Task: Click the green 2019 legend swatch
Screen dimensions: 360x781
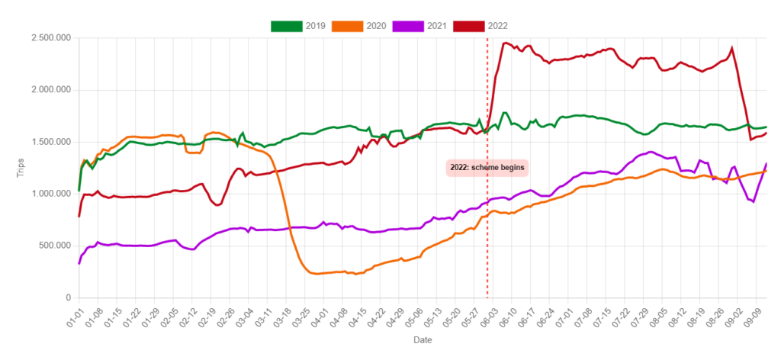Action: [286, 26]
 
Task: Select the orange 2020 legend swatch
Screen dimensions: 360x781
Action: [347, 26]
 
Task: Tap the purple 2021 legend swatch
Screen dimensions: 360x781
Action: [407, 26]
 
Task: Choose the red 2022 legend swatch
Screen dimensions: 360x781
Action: [468, 26]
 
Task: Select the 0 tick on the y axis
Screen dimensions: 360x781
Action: [67, 297]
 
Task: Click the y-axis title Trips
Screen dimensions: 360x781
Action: [21, 168]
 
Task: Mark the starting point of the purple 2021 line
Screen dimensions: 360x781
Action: [79, 263]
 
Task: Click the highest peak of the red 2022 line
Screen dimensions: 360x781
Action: [505, 43]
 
